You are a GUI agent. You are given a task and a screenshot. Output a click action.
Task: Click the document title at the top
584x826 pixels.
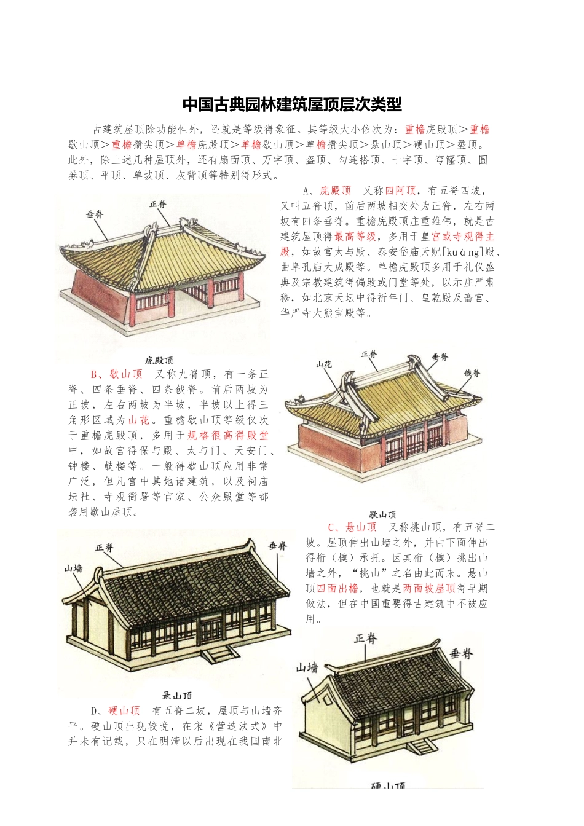[292, 104]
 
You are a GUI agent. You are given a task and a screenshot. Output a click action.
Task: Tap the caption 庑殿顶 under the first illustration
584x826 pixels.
[159, 360]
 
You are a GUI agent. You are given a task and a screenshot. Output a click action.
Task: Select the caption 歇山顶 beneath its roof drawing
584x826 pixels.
[382, 514]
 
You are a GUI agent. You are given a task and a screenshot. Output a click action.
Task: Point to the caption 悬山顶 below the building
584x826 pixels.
[177, 695]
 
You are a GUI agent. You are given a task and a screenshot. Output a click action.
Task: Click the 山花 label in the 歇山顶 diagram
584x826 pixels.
[324, 364]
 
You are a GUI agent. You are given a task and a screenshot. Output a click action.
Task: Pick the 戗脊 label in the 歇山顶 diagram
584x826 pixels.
[472, 373]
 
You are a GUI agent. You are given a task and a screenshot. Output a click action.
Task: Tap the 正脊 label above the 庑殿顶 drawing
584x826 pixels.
[158, 204]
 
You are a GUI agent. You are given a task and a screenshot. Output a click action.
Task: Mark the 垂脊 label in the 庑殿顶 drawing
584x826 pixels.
[95, 214]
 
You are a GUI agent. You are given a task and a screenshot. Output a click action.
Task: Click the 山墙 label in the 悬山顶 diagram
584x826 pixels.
[74, 568]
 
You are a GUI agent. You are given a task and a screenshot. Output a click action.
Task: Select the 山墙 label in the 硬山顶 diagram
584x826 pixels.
[307, 667]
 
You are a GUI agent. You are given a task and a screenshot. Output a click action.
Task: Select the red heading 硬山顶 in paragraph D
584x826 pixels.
[124, 710]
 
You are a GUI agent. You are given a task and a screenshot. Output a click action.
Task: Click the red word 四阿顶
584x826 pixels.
[400, 191]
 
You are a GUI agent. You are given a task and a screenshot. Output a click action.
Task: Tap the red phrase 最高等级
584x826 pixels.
[355, 237]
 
